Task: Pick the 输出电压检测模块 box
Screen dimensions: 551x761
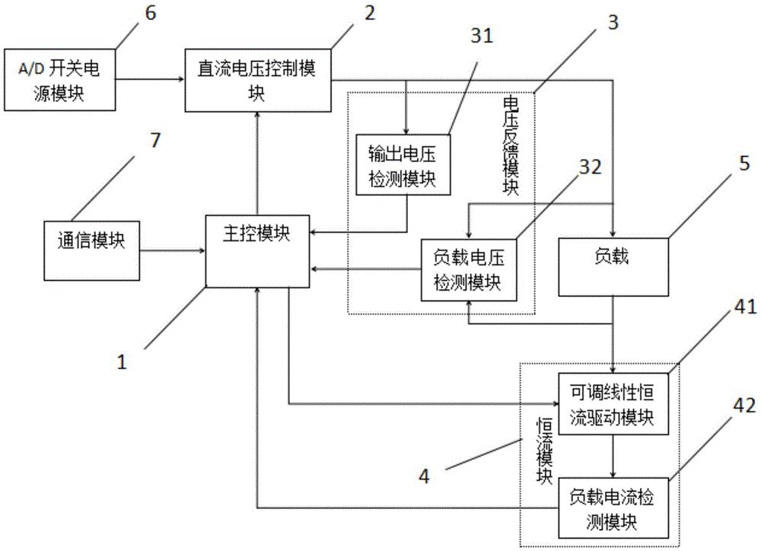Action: tap(403, 164)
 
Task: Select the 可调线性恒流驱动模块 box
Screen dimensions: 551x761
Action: tap(613, 403)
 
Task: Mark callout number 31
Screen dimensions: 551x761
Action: tap(482, 37)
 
